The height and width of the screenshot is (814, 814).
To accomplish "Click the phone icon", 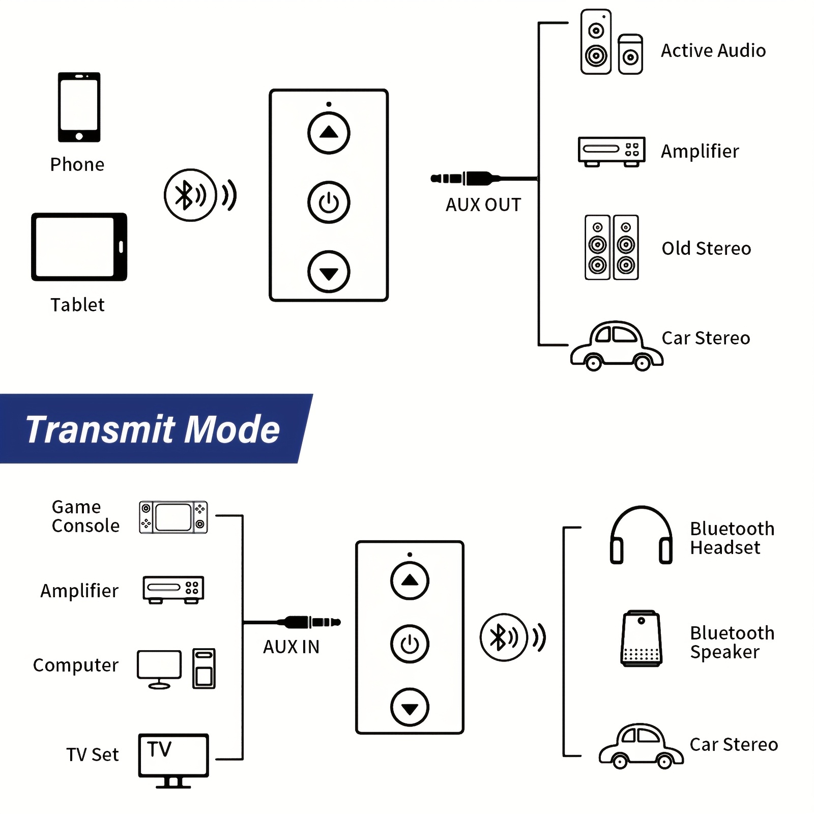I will pos(79,107).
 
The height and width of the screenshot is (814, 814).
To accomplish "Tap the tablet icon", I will pos(79,247).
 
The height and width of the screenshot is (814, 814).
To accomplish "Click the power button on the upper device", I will pos(329,202).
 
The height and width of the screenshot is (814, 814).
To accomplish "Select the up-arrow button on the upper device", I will pos(329,133).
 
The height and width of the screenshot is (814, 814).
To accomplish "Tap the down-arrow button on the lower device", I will pos(410,707).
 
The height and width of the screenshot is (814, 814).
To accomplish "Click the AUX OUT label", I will pos(483,205).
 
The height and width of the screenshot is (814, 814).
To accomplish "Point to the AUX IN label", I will pos(291,647).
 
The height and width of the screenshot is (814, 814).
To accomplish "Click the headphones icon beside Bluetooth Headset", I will pos(641,535).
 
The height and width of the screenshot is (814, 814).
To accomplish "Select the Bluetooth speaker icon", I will pos(642,638).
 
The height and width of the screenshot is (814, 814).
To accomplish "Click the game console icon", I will pos(173,517).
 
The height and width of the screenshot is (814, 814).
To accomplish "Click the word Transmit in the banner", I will pos(100,430).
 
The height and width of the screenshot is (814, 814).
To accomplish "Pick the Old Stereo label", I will pos(706,249).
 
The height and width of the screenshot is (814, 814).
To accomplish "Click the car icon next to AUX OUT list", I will pos(617,346).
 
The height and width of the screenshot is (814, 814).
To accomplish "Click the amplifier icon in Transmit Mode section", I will pos(173,590).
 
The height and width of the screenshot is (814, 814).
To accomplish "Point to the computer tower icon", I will pos(204,668).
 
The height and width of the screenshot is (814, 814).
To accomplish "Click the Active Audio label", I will pos(713,51).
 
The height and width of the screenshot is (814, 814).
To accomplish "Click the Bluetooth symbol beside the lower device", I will pos(504,637).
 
